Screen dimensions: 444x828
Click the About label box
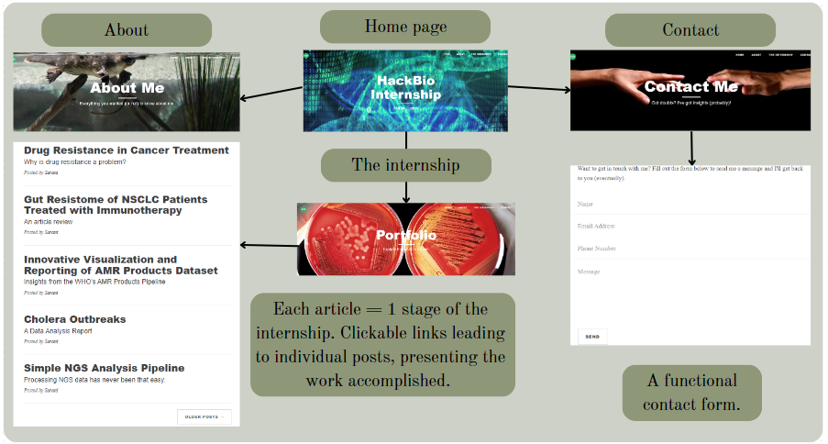pyautogui.click(x=127, y=30)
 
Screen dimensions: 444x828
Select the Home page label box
pyautogui.click(x=405, y=26)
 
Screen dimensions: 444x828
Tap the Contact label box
pyautogui.click(x=690, y=30)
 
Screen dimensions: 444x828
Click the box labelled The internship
pyautogui.click(x=406, y=165)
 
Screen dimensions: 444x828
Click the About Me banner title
pyautogui.click(x=127, y=88)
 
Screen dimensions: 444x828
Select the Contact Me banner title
pyautogui.click(x=690, y=87)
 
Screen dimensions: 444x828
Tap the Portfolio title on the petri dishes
pyautogui.click(x=406, y=236)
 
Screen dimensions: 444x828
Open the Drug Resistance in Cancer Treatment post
pyautogui.click(x=127, y=150)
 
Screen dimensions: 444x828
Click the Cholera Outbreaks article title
pyautogui.click(x=75, y=319)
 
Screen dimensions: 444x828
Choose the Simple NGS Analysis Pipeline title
pyautogui.click(x=105, y=368)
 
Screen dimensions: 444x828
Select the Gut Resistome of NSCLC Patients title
pyautogui.click(x=116, y=205)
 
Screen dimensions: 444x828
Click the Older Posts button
pyautogui.click(x=204, y=416)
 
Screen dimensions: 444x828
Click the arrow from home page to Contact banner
pyautogui.click(x=538, y=89)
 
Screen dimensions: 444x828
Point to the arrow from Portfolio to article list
pyautogui.click(x=268, y=244)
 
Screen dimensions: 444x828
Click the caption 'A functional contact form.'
pyautogui.click(x=690, y=392)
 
